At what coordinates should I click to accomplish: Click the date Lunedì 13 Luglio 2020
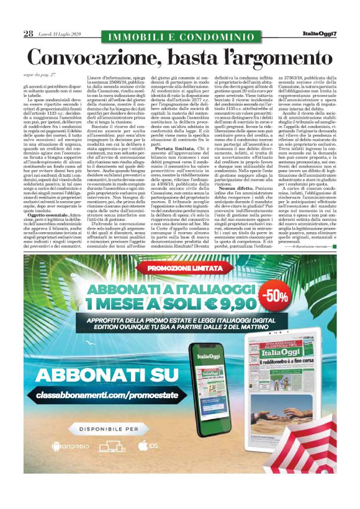click(59, 34)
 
